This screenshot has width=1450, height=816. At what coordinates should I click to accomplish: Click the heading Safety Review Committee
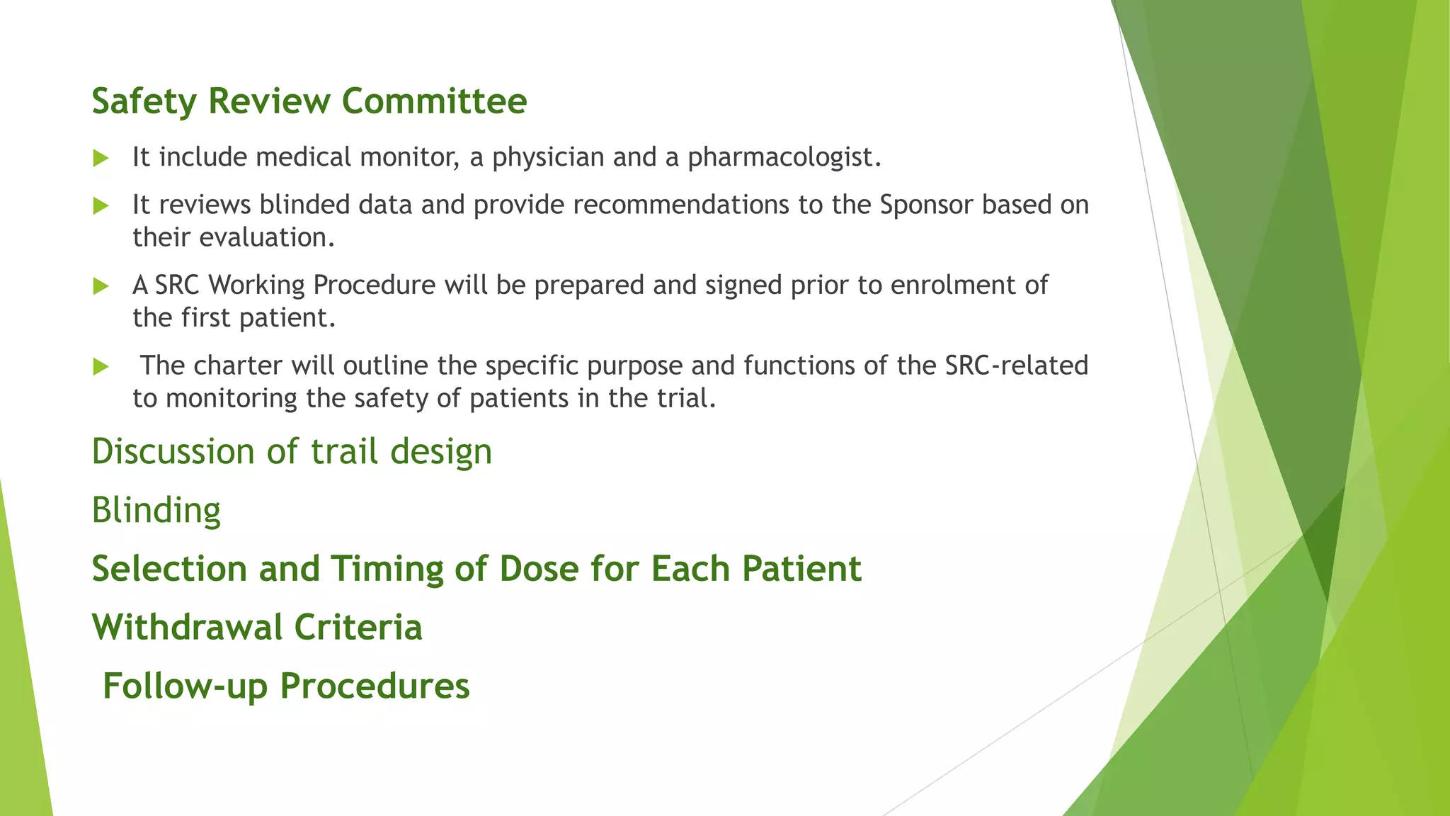pos(309,101)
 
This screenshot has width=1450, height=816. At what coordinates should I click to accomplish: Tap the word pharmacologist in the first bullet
pos(784,157)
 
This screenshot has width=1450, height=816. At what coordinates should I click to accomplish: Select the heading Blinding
pos(156,510)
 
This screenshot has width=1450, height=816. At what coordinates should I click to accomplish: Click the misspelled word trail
pos(345,451)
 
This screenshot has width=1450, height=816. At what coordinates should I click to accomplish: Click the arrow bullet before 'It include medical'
pos(101,158)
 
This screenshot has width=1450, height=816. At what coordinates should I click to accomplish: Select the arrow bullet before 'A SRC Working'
pos(101,286)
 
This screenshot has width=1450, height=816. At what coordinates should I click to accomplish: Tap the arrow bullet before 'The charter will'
pos(101,367)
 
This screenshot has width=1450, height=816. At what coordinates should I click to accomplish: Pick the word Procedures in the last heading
pos(375,686)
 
